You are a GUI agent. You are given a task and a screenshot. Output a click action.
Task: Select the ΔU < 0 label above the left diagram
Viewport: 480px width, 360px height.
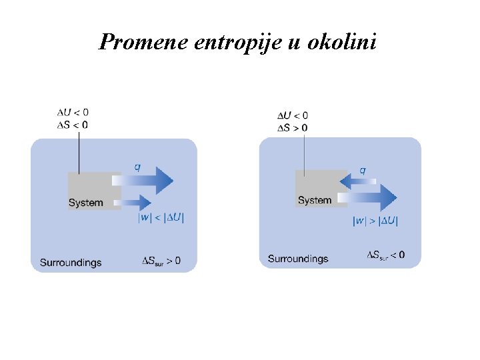pyautogui.click(x=73, y=113)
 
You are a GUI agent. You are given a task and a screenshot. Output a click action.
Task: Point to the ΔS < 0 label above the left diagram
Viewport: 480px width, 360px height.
pyautogui.click(x=73, y=124)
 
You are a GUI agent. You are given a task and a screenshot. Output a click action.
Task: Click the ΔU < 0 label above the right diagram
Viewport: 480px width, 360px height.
pyautogui.click(x=293, y=116)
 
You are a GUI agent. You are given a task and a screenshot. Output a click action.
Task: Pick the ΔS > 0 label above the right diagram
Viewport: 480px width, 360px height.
pyautogui.click(x=293, y=127)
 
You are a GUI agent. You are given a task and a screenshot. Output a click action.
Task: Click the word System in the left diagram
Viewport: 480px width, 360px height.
pyautogui.click(x=86, y=203)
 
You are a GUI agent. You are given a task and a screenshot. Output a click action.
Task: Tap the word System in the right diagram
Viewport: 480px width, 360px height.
pyautogui.click(x=315, y=200)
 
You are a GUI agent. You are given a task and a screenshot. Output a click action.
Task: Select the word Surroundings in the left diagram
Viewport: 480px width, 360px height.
pyautogui.click(x=71, y=262)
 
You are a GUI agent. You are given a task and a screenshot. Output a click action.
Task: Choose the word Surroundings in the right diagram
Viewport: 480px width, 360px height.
pyautogui.click(x=298, y=259)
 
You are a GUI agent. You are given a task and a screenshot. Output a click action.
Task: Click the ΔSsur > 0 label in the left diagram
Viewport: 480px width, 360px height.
pyautogui.click(x=161, y=261)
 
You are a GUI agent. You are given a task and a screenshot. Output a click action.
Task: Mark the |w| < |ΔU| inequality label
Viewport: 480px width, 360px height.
pyautogui.click(x=161, y=217)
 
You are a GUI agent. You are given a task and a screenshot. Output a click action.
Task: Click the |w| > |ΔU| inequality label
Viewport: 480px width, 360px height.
pyautogui.click(x=375, y=221)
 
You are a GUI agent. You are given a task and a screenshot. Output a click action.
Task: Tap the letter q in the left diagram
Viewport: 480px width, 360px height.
pyautogui.click(x=137, y=167)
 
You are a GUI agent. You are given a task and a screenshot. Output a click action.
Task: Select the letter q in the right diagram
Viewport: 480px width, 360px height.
pyautogui.click(x=363, y=171)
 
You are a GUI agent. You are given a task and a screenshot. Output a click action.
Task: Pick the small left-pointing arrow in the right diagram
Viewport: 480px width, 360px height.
pyautogui.click(x=357, y=181)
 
